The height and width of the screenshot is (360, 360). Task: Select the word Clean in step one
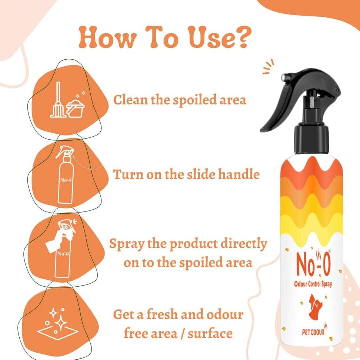click(x=130, y=100)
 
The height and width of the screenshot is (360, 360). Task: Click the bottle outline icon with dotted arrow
click(x=69, y=174)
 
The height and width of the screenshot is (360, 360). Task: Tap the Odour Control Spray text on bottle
click(x=313, y=284)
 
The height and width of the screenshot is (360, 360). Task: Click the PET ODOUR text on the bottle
click(x=313, y=332)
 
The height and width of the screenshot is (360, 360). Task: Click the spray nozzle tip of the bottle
click(x=284, y=77)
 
